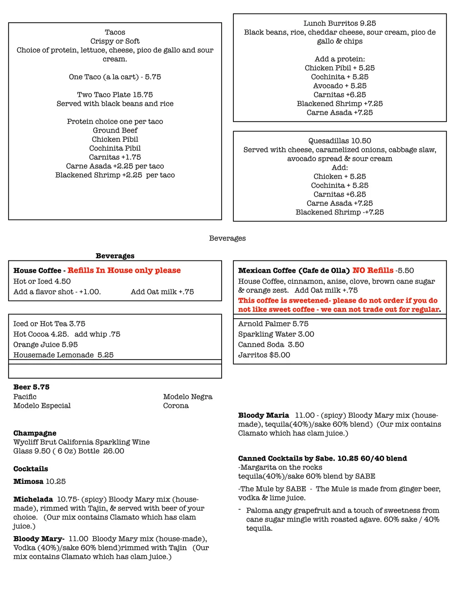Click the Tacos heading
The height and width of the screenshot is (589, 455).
point(115,32)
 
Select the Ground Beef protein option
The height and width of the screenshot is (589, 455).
point(115,130)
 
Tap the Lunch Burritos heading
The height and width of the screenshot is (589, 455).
point(339,23)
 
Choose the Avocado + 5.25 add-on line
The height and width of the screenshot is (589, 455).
point(339,86)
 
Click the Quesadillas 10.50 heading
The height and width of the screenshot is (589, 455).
point(339,141)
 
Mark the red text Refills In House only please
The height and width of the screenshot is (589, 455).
point(124,270)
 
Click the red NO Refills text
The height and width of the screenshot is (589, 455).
point(373,270)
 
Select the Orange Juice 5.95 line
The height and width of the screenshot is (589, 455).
point(45,345)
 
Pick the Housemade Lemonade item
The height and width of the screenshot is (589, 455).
point(63,355)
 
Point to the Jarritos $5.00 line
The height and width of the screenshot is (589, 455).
point(264,355)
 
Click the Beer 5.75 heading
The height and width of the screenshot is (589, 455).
point(31,387)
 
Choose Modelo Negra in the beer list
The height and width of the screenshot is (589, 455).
point(187,396)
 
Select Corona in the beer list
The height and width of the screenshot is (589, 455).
point(176,406)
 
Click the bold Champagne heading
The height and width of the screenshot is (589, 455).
point(35,433)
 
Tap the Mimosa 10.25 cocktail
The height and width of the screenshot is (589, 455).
point(39,481)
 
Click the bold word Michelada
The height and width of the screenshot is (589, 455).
point(33,499)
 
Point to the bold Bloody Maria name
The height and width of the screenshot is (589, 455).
point(263,415)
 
